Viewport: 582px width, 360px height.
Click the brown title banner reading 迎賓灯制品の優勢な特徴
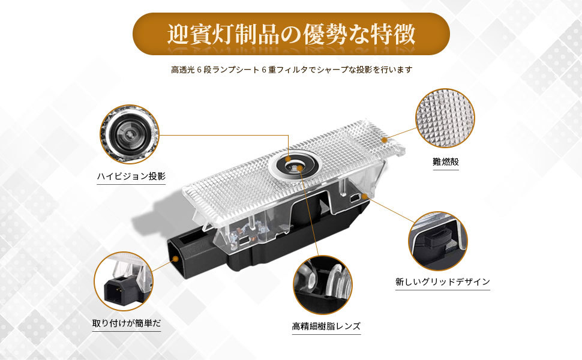pos(291,34)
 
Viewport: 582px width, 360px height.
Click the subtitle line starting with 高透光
pos(291,70)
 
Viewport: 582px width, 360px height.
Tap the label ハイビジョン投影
pos(131,176)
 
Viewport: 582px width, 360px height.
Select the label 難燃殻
pos(446,162)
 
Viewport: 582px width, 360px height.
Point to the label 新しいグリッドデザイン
pos(443,281)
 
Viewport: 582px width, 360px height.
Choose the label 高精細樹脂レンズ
pos(326,326)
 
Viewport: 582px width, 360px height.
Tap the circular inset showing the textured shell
pos(445,119)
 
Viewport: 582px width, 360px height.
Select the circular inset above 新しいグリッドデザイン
pos(438,240)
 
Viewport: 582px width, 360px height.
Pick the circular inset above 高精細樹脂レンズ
pos(322,285)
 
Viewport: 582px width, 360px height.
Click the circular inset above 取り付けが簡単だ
pos(123,281)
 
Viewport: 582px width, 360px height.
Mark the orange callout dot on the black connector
pos(175,259)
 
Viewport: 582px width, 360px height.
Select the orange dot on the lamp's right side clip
pos(363,195)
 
